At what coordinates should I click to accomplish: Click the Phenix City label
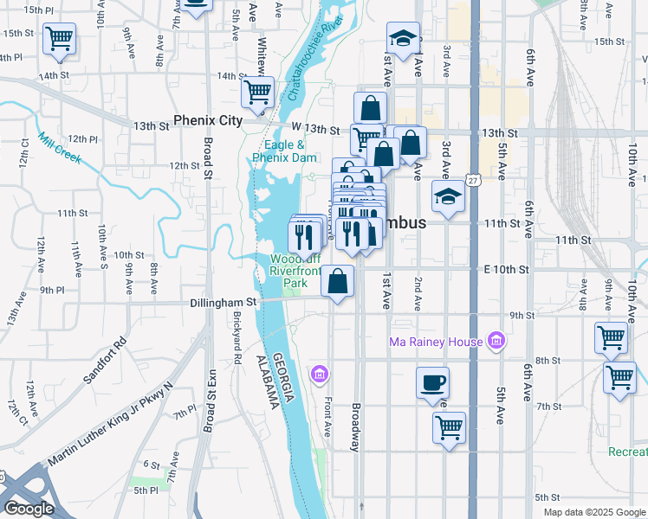point(208,120)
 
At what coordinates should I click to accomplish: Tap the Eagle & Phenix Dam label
point(284,152)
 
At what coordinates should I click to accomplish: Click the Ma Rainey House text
point(435,342)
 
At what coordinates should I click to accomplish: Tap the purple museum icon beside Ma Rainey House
point(496,342)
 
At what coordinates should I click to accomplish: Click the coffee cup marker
point(432,382)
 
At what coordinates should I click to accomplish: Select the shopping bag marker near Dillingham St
point(338,281)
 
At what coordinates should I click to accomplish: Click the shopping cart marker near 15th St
point(59,38)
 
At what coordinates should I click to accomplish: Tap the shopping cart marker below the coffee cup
point(449,427)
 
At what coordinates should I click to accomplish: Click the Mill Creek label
point(59,149)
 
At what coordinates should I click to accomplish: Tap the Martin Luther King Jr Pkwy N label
point(110,423)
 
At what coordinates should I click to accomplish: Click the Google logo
point(28,509)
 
